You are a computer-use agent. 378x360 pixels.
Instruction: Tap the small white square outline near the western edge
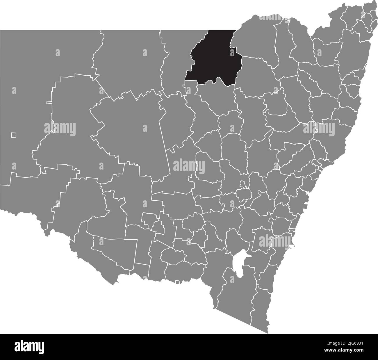[14, 135]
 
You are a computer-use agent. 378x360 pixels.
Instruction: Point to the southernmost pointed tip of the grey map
[268, 333]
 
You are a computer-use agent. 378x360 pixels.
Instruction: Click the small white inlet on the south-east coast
[292, 247]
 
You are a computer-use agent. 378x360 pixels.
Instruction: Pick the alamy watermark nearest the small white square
[60, 128]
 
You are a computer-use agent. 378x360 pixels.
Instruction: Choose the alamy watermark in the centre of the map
[189, 166]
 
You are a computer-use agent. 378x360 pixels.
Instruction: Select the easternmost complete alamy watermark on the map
[319, 128]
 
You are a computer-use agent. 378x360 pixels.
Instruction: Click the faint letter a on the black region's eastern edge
[232, 53]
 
